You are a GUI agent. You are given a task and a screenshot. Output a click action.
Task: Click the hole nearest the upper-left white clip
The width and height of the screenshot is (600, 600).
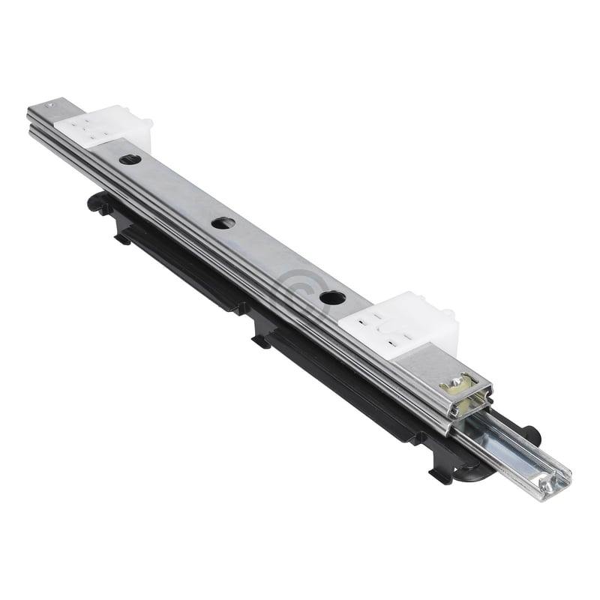[130, 159]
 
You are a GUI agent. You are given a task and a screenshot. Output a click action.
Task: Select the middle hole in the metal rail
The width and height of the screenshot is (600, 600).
[223, 223]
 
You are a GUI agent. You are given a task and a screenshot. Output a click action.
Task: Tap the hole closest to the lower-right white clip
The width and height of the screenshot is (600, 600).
[332, 297]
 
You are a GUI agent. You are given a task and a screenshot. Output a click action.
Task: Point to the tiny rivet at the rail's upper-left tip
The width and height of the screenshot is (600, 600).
[50, 104]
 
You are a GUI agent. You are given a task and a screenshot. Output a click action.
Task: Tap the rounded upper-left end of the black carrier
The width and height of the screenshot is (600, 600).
[95, 200]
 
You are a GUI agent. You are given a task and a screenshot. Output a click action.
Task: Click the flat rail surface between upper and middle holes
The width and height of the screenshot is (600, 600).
[176, 191]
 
